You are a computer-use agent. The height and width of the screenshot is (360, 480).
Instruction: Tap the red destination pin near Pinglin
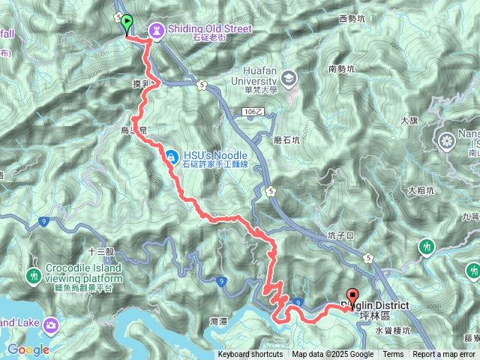click(352, 295)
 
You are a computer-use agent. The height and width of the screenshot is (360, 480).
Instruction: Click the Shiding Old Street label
click(209, 29)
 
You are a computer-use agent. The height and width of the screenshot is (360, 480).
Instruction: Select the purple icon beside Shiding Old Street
click(156, 29)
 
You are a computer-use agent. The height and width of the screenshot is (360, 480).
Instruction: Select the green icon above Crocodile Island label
click(34, 276)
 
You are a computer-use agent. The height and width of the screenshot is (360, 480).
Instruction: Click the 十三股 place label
click(101, 252)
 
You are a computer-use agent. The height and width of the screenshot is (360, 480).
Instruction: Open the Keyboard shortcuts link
click(250, 355)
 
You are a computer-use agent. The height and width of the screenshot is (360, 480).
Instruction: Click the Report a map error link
click(445, 355)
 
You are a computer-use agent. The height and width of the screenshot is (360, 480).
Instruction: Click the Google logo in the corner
click(28, 349)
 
